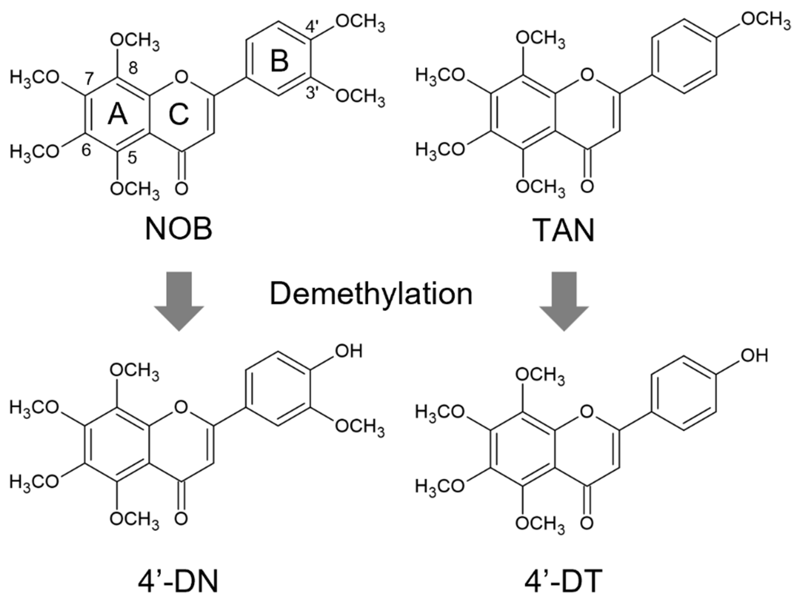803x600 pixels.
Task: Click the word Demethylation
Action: [x=371, y=294]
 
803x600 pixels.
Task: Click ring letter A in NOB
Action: [x=118, y=115]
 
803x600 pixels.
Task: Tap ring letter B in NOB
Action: [x=279, y=61]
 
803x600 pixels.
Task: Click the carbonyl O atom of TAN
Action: [x=587, y=186]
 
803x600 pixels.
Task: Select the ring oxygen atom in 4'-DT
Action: [x=587, y=411]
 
